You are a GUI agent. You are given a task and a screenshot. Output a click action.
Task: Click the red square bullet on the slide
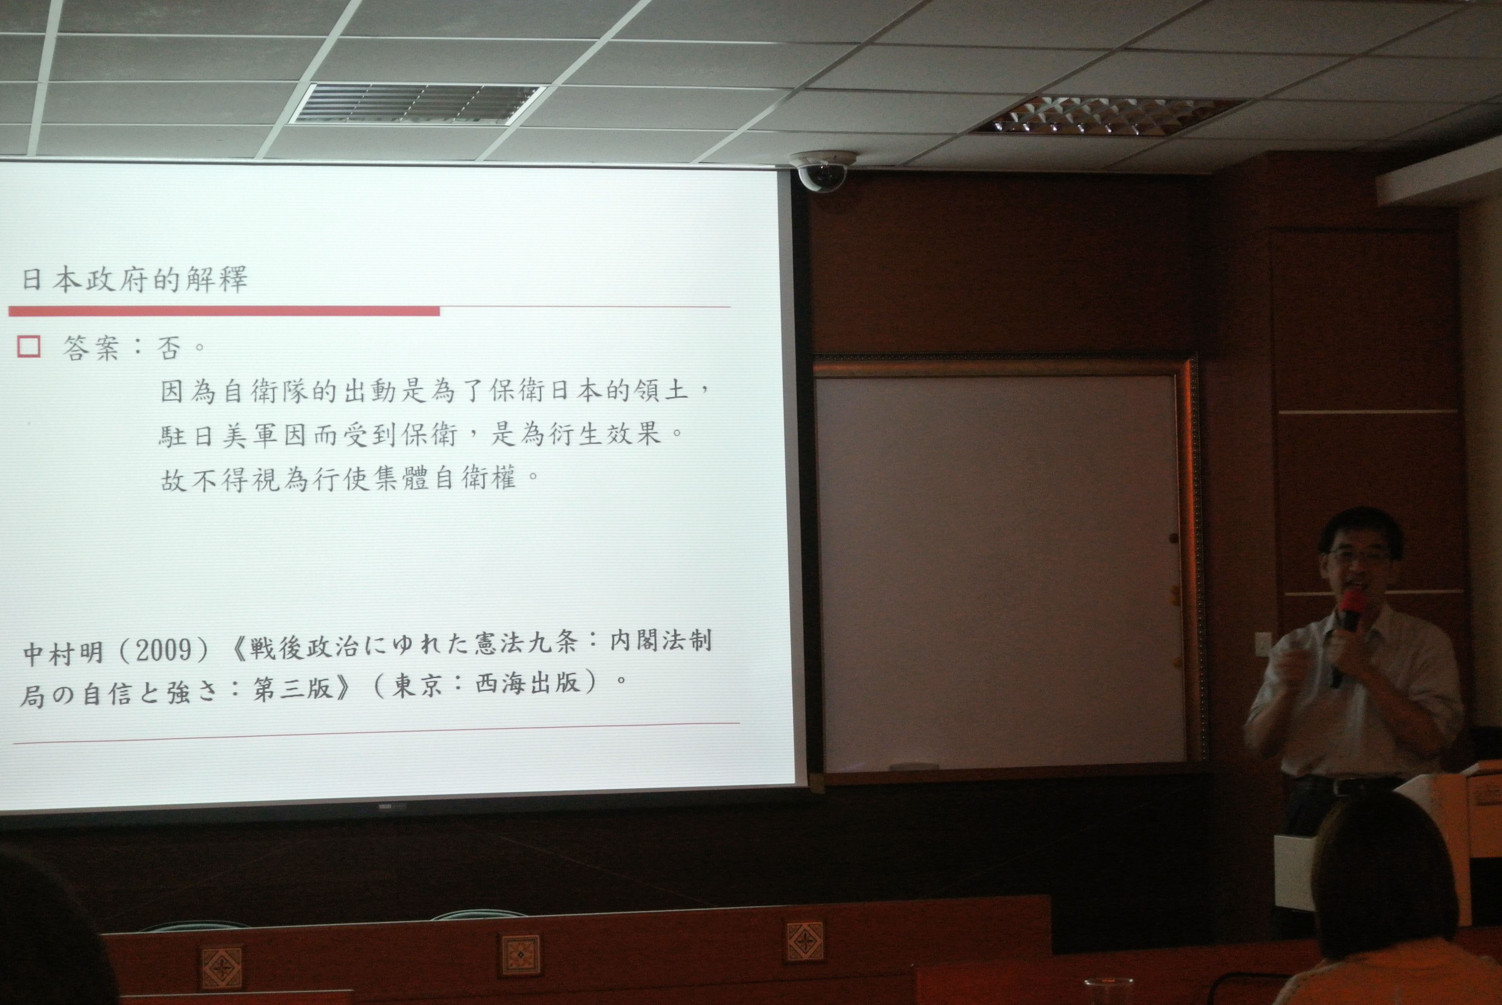[29, 346]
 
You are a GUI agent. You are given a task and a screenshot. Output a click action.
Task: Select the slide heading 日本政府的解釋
[135, 280]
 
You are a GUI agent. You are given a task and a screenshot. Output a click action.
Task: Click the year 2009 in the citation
[163, 651]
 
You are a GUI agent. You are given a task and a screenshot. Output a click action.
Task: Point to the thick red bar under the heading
[224, 311]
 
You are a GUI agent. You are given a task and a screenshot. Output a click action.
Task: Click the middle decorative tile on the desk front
[520, 954]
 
